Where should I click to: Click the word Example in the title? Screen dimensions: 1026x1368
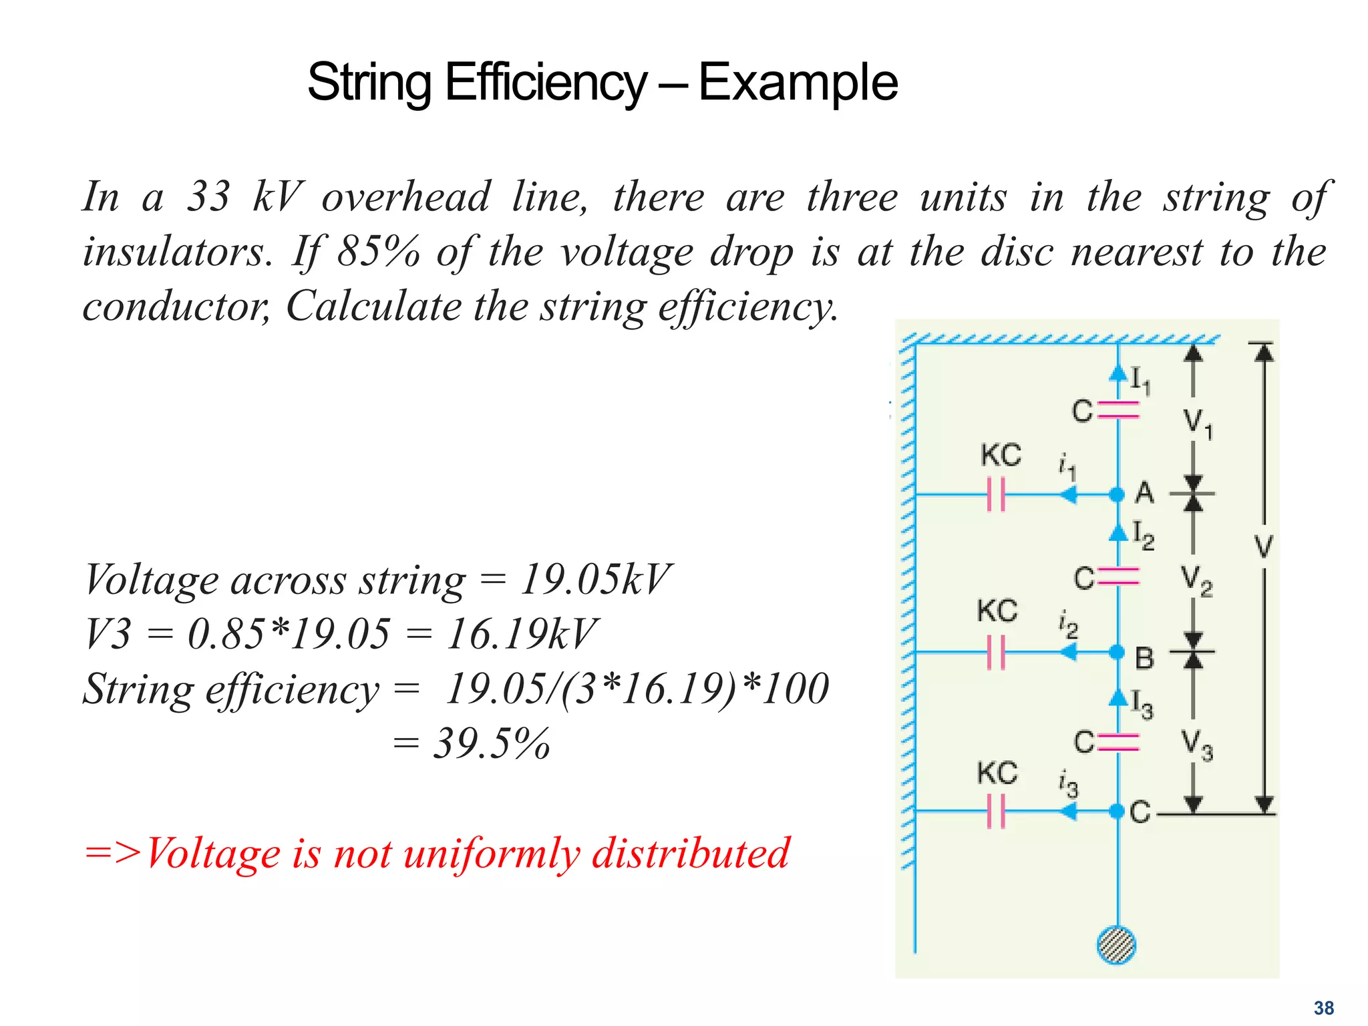[x=798, y=83]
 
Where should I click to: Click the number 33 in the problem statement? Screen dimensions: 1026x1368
[x=209, y=197]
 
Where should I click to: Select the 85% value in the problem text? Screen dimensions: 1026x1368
[x=378, y=252]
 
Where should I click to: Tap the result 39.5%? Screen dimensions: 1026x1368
[x=492, y=743]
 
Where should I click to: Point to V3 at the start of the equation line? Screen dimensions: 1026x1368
[x=108, y=634]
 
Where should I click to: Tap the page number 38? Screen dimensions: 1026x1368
[x=1323, y=1008]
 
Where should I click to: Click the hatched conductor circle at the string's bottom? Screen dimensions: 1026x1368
[x=1116, y=945]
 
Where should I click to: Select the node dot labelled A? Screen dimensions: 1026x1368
[x=1117, y=495]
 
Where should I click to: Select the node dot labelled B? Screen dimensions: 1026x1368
[x=1117, y=652]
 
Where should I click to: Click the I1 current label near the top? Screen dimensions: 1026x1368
[x=1140, y=380]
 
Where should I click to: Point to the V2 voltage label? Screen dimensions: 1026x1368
[x=1196, y=580]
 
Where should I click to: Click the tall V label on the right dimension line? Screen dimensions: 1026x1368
[x=1263, y=546]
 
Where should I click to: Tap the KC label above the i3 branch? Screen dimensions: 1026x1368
[x=997, y=774]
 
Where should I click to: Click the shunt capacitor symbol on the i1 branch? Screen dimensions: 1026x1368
[x=996, y=495]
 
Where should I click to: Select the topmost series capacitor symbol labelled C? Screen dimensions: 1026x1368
[x=1118, y=409]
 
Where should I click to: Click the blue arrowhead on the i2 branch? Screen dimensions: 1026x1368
[x=1069, y=652]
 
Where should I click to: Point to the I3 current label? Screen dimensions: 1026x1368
[x=1142, y=704]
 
